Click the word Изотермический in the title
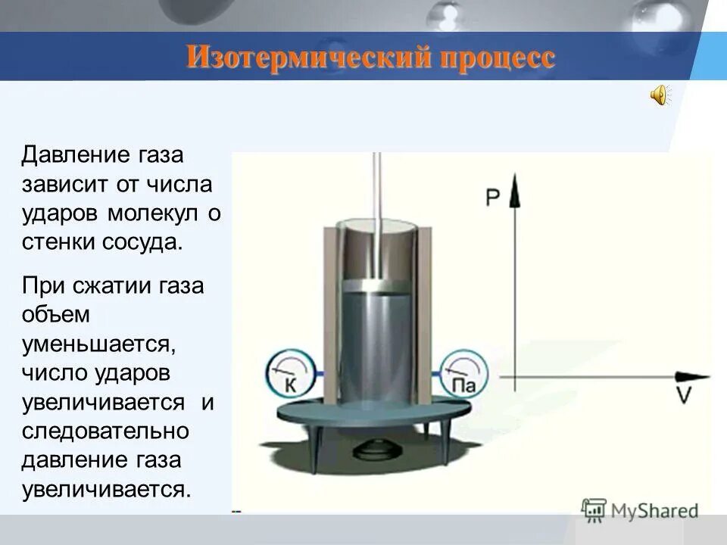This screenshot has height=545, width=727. (x=295, y=58)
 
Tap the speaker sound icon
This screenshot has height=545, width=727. (x=659, y=96)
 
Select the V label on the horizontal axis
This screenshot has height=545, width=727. (x=684, y=396)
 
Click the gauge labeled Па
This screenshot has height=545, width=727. (x=463, y=375)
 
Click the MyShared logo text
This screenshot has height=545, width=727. (x=650, y=511)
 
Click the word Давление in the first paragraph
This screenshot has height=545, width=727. (x=66, y=155)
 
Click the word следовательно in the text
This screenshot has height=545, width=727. (x=105, y=431)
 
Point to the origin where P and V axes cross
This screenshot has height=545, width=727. (x=515, y=376)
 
